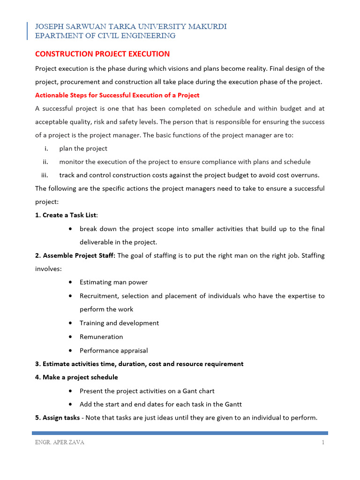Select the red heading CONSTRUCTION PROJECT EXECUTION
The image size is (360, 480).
[102, 54]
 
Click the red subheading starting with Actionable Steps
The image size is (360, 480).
[117, 95]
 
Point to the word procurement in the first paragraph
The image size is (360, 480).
[81, 82]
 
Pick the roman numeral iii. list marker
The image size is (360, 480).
[45, 175]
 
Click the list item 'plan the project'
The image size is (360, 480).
[83, 149]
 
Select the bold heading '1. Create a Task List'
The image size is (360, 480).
[69, 215]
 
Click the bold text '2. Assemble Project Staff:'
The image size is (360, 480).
[75, 255]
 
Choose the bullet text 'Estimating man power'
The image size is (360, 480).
[113, 282]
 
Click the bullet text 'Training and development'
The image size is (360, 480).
[119, 323]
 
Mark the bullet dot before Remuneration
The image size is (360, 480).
[70, 337]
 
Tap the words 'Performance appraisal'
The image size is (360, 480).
[113, 350]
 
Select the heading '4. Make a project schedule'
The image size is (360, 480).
[76, 377]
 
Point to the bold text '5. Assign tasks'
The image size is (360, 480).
[57, 418]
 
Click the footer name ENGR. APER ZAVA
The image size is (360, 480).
[60, 443]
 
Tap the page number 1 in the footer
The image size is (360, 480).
[323, 443]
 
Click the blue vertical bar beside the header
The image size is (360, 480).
[27, 31]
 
